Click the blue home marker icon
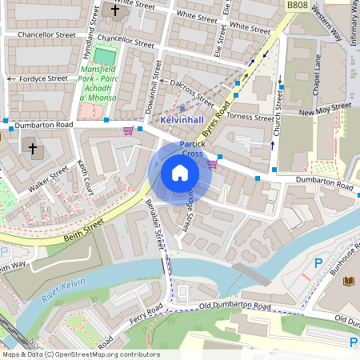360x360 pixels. (180, 173)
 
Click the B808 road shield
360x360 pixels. (296, 5)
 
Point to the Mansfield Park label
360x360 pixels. (98, 83)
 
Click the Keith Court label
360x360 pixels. (86, 177)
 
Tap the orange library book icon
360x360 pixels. (349, 281)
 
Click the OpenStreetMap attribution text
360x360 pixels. (80, 354)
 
